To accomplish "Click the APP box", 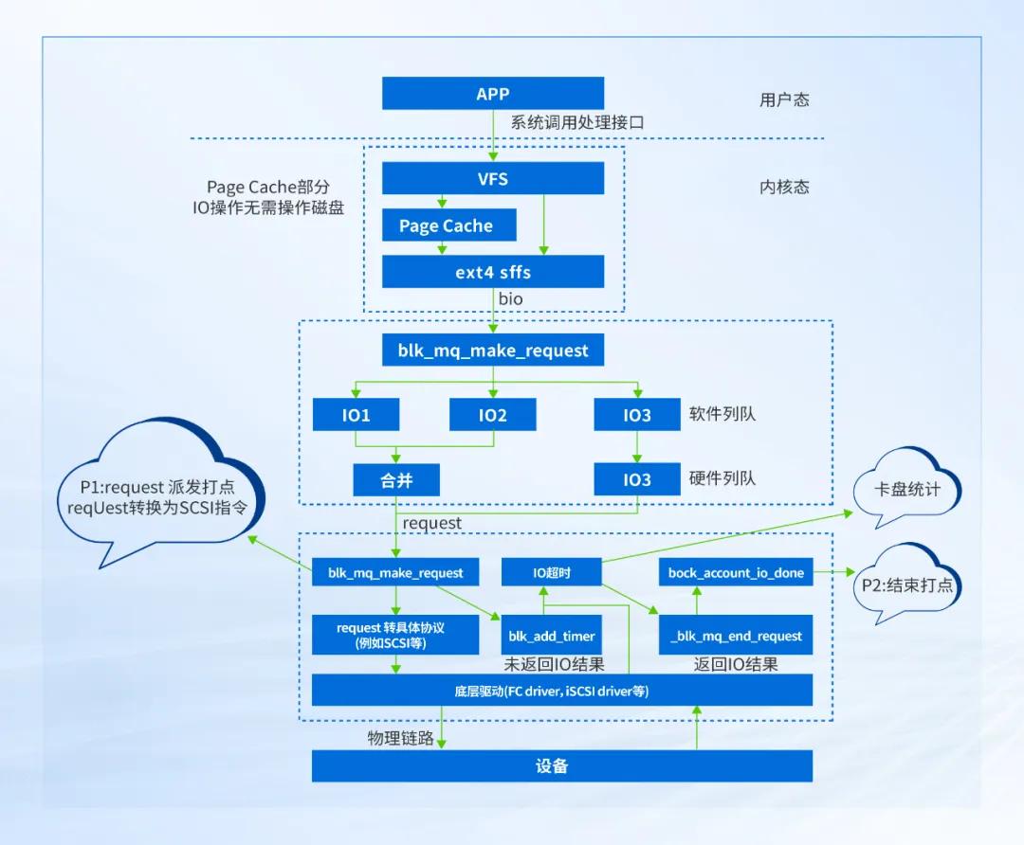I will [x=493, y=94].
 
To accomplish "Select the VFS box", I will [x=493, y=179].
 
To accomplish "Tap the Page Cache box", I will [x=446, y=225].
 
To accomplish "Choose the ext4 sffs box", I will [x=493, y=272].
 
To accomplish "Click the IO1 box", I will [x=356, y=415].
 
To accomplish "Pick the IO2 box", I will [x=492, y=415].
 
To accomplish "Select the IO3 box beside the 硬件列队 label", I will [x=637, y=479].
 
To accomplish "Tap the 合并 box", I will [x=395, y=479].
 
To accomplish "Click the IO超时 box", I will [x=551, y=572].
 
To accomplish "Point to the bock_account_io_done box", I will [x=736, y=572].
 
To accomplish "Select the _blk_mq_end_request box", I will [x=736, y=636].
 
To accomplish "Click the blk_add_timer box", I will [x=551, y=636].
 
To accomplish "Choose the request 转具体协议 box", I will [x=395, y=635].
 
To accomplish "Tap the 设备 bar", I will [x=561, y=766].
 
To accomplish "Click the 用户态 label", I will [x=784, y=99].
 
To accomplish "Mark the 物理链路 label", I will [x=401, y=738].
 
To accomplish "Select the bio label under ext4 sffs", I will [x=510, y=299].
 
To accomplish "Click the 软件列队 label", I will [x=722, y=414].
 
